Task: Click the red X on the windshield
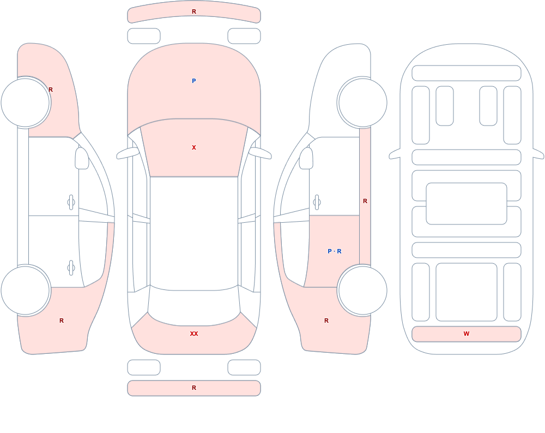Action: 194,148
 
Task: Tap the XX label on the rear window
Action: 194,334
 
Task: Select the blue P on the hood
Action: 194,81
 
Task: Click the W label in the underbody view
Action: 467,334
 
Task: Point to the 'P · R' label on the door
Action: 335,251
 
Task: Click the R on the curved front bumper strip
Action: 194,12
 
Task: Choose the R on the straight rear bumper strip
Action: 194,388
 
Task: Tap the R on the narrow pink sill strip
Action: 365,201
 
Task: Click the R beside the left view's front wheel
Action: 51,90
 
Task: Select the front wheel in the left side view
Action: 26,103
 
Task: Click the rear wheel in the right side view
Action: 362,290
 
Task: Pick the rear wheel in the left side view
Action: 26,290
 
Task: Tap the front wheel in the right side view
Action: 362,103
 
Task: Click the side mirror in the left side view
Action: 82,158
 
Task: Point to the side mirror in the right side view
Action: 306,158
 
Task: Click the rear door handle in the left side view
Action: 71,268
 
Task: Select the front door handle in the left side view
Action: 71,203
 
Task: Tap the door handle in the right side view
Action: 317,203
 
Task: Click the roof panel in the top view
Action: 194,233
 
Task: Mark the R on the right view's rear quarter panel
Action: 326,321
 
